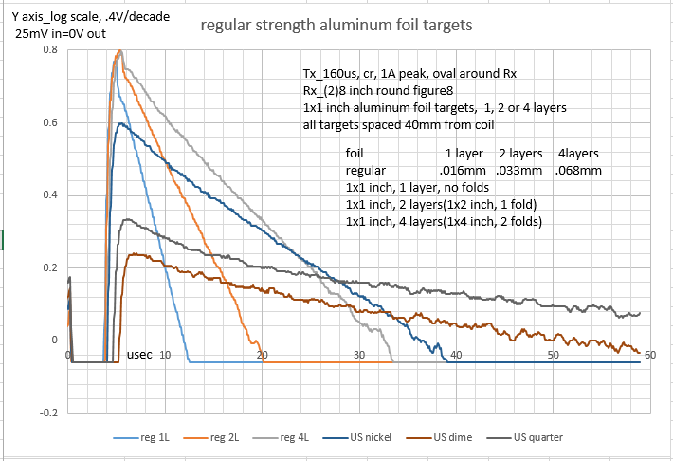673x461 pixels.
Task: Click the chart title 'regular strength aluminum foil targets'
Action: point(336,27)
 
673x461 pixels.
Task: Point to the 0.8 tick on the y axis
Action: point(50,49)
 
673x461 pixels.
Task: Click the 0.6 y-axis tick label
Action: point(50,122)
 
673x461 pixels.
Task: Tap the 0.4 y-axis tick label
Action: point(50,195)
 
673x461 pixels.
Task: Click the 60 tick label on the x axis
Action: point(649,354)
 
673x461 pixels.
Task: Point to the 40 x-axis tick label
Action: point(456,354)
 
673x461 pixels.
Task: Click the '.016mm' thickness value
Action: point(462,170)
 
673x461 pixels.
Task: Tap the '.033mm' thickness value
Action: point(520,170)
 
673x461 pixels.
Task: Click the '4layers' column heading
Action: point(577,153)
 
